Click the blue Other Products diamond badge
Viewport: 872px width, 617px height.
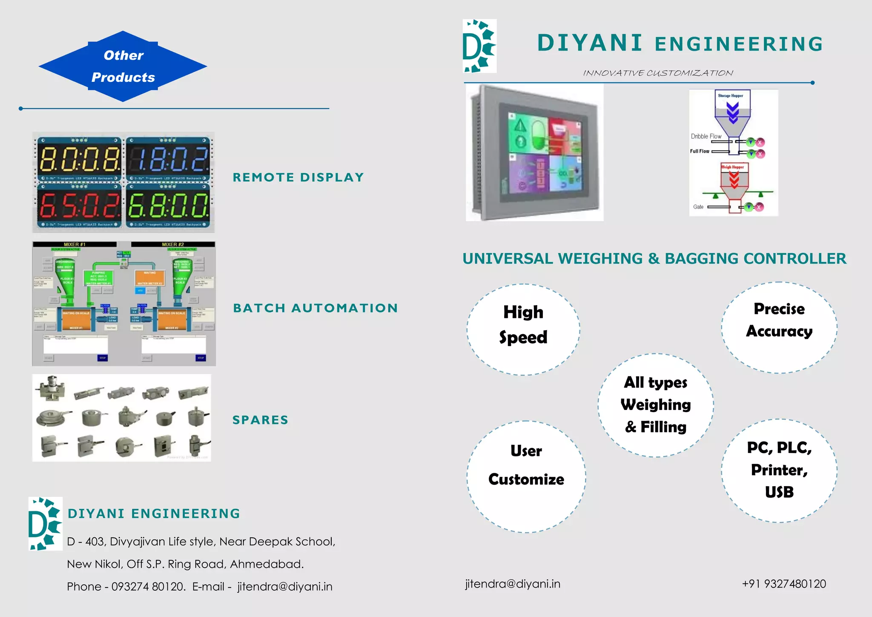pos(123,66)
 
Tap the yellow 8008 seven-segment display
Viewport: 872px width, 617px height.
pos(79,159)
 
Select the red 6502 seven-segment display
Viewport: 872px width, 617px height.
pos(79,205)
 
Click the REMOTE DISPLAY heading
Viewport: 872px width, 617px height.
pos(298,177)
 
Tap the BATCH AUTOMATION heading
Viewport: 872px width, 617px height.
pos(316,308)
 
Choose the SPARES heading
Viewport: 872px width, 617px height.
pos(260,420)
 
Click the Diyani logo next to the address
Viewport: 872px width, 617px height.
pos(45,524)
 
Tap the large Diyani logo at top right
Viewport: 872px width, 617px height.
pos(479,46)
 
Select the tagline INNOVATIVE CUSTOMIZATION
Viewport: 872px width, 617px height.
pos(658,73)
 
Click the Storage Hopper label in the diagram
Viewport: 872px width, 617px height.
pos(730,96)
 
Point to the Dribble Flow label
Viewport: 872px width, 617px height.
pos(706,136)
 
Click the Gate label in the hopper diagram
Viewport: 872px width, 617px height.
pos(698,207)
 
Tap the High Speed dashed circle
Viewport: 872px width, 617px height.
pos(523,329)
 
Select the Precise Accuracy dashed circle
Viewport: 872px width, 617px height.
pos(779,327)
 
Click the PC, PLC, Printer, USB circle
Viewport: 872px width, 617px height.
pos(779,470)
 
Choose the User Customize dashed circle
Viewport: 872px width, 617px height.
pos(526,476)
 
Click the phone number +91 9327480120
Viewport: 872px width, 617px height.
pos(784,584)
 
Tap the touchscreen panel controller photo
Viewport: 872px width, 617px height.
pos(534,152)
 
